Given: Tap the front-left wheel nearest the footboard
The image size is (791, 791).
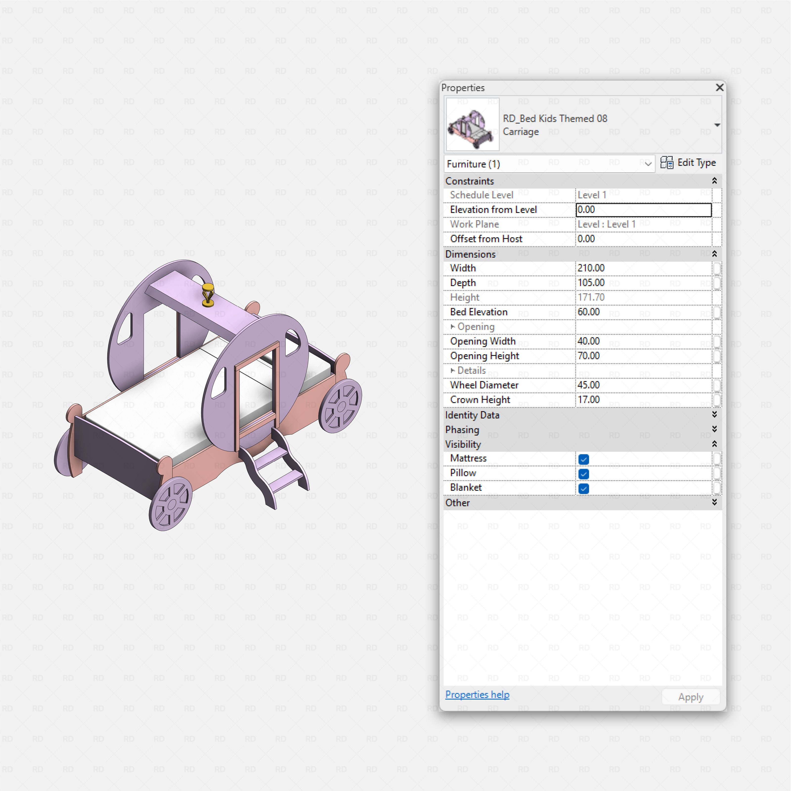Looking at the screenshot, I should click(x=171, y=503).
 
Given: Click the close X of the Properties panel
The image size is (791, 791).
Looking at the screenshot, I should click(x=719, y=88).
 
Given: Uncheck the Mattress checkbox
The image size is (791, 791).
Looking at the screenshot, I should click(x=583, y=459).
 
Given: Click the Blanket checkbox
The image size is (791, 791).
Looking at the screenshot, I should click(x=583, y=488).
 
